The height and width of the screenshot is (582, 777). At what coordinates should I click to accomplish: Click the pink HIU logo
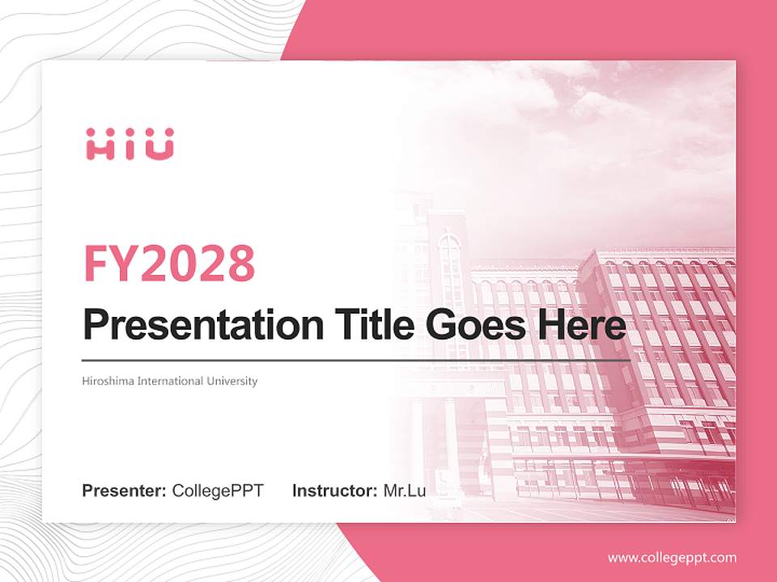click(x=129, y=144)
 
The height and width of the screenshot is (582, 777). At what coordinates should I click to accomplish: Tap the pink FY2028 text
click(x=169, y=263)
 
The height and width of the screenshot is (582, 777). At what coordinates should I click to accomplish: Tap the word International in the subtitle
click(x=172, y=381)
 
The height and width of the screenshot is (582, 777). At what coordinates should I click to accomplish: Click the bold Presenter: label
click(x=125, y=491)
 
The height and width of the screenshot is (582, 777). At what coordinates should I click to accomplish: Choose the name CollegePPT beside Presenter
click(x=218, y=491)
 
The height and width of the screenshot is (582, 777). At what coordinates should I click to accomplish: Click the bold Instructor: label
click(x=334, y=491)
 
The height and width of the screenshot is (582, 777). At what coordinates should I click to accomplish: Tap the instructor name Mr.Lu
click(x=404, y=491)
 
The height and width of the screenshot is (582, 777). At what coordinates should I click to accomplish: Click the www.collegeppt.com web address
click(x=672, y=558)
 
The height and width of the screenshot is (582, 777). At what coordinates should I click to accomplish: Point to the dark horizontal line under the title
click(x=356, y=360)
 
